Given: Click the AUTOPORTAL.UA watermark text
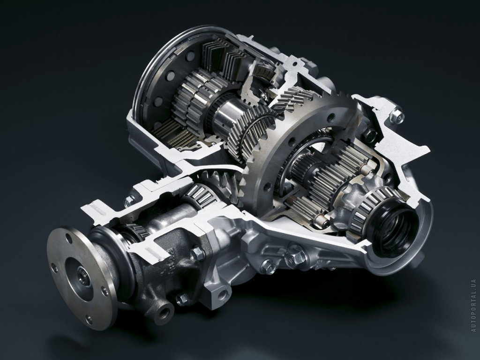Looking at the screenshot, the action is coord(474,306).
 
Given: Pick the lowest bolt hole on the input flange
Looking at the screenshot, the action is coord(89,320).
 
